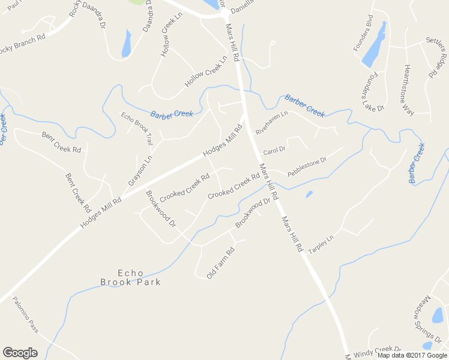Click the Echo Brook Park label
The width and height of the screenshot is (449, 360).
point(130,277)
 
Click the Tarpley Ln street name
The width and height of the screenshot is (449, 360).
point(321,242)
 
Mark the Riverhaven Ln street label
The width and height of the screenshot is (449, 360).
point(272,122)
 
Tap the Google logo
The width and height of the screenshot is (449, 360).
point(20,353)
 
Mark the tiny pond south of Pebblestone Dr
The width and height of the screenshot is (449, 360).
point(309,194)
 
